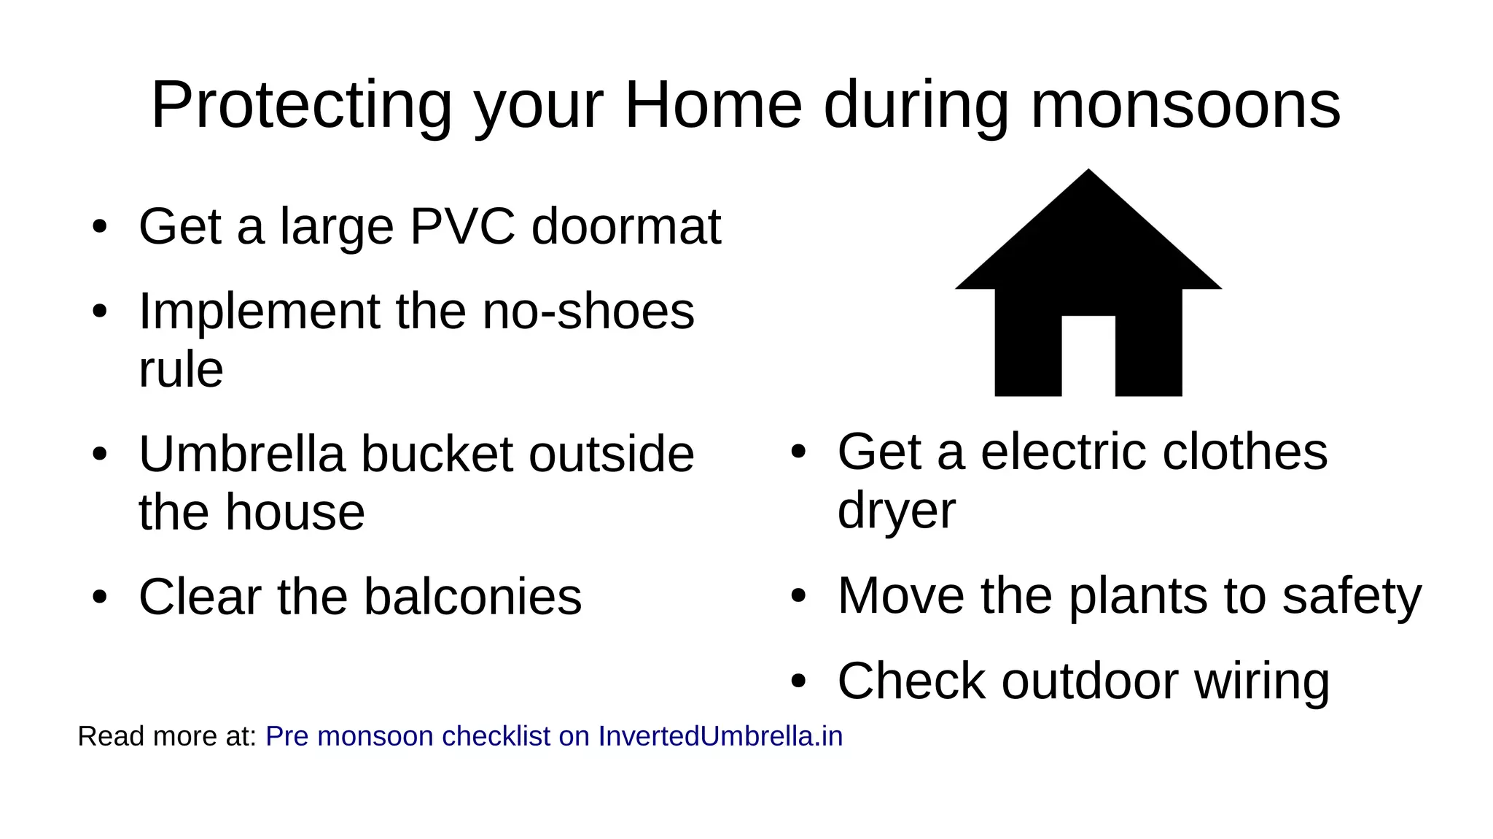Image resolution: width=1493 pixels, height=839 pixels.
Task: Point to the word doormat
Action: pyautogui.click(x=625, y=226)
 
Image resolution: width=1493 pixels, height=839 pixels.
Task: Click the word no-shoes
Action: pyautogui.click(x=588, y=312)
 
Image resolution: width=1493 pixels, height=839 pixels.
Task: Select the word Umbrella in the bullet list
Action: pyautogui.click(x=241, y=454)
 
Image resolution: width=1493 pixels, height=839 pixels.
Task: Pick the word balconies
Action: pyautogui.click(x=472, y=597)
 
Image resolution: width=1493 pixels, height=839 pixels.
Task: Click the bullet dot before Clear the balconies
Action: pyautogui.click(x=100, y=598)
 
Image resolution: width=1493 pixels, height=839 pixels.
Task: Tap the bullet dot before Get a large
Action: pyautogui.click(x=100, y=227)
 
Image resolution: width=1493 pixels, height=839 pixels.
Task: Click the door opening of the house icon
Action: pyautogui.click(x=1088, y=356)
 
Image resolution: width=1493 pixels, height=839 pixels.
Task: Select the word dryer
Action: pyautogui.click(x=896, y=511)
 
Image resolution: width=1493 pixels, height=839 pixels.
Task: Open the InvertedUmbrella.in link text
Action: pyautogui.click(x=720, y=736)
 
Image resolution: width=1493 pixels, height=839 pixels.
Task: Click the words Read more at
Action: pyautogui.click(x=167, y=736)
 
